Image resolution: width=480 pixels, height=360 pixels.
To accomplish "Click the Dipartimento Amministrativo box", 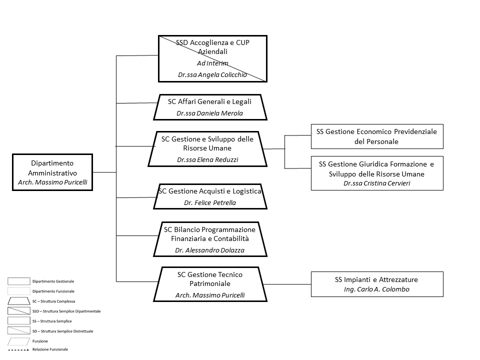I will click(x=52, y=172).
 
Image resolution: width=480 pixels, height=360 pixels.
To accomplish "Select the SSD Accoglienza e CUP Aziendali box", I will click(x=212, y=58).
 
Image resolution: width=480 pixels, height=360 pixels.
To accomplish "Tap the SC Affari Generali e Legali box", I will click(x=210, y=107).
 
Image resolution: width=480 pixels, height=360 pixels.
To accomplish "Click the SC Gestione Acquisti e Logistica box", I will click(x=210, y=196).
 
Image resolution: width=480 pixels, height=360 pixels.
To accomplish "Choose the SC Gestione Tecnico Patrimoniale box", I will click(x=210, y=284).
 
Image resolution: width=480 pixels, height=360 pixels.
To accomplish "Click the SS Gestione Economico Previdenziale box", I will click(x=377, y=136).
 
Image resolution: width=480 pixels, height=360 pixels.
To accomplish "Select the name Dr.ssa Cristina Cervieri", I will click(x=376, y=183).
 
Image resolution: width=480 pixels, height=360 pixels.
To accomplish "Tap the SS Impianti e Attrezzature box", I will click(x=377, y=284).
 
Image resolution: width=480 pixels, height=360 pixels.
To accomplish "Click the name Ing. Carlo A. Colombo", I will click(x=376, y=289).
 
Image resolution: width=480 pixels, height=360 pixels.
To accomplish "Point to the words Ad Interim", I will click(x=212, y=63).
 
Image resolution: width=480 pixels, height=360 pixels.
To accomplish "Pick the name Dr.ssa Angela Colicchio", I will click(x=212, y=75).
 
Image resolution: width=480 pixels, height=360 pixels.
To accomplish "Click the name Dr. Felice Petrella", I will click(x=209, y=202).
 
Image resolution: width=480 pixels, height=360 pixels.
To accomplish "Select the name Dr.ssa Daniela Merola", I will click(x=209, y=113).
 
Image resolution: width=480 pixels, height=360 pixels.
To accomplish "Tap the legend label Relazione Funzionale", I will click(x=50, y=349).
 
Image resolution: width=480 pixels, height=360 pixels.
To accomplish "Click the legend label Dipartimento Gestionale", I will click(x=53, y=281).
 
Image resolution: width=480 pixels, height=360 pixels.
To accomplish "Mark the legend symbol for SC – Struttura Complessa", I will click(x=18, y=301).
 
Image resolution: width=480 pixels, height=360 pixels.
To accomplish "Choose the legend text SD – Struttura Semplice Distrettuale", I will click(x=62, y=331).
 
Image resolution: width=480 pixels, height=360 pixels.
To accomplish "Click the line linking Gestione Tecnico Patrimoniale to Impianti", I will click(x=287, y=284).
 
